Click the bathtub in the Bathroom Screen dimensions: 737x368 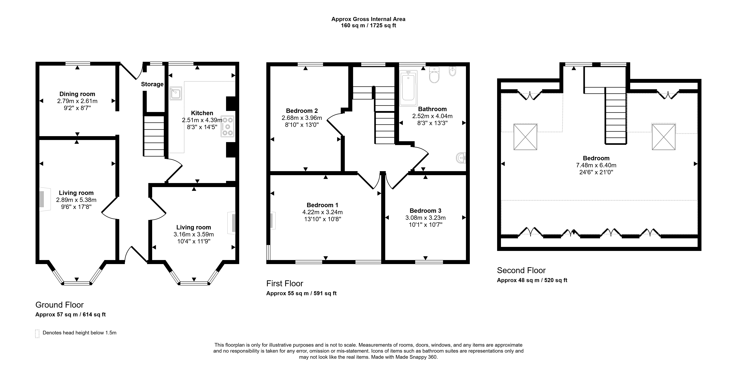[x=409, y=88]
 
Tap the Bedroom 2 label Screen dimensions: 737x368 [x=302, y=111]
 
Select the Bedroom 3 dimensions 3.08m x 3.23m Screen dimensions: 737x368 [x=425, y=218]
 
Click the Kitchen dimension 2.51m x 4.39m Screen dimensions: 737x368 [x=202, y=120]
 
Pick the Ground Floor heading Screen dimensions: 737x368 [x=60, y=305]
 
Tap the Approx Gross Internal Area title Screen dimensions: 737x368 [x=368, y=19]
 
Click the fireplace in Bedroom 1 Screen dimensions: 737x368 [x=272, y=220]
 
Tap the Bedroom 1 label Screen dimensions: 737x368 [x=322, y=205]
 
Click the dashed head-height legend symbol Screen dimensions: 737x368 [x=37, y=334]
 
